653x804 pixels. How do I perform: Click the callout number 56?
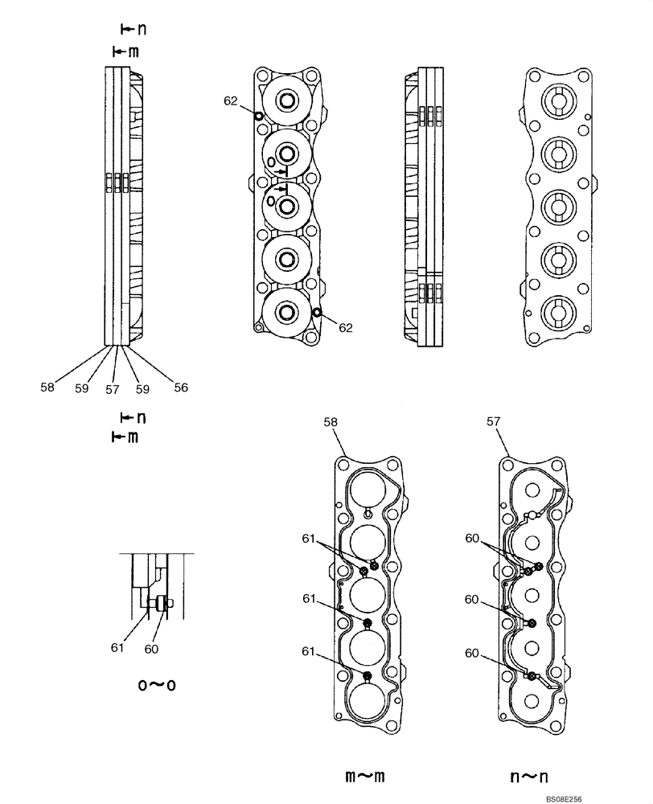181,388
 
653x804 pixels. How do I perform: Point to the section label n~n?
529,776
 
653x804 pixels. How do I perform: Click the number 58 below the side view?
47,388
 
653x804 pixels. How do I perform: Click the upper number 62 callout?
231,101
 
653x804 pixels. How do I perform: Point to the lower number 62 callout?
345,327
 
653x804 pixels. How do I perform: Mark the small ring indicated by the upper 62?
258,116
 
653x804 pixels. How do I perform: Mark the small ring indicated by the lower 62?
318,312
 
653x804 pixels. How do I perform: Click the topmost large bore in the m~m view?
367,487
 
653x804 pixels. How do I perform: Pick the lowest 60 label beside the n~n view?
474,654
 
